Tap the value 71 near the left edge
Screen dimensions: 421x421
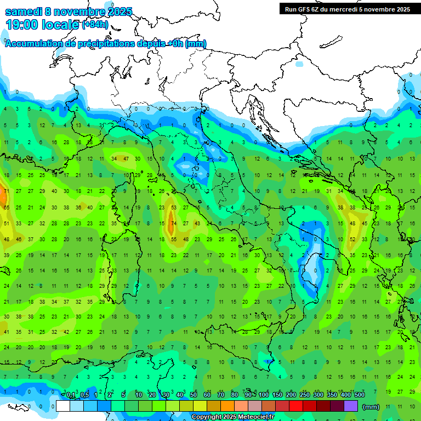click(x=6, y=191)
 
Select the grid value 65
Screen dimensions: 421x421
click(x=6, y=208)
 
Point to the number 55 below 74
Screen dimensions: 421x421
click(x=174, y=240)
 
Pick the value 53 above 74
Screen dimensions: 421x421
click(x=174, y=208)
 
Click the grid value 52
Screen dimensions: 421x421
click(x=353, y=240)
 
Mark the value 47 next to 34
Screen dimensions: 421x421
click(x=126, y=159)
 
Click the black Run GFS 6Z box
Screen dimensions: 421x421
click(x=347, y=9)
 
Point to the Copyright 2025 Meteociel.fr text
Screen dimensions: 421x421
click(x=232, y=417)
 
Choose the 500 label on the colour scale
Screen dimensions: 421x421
click(x=360, y=395)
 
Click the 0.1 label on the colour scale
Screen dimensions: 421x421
click(x=71, y=395)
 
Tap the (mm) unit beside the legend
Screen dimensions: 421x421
click(x=372, y=407)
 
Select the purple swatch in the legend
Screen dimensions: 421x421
click(x=351, y=406)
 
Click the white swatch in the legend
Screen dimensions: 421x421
click(x=63, y=406)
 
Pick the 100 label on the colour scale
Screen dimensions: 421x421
click(x=264, y=395)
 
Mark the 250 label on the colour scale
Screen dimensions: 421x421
click(x=304, y=395)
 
